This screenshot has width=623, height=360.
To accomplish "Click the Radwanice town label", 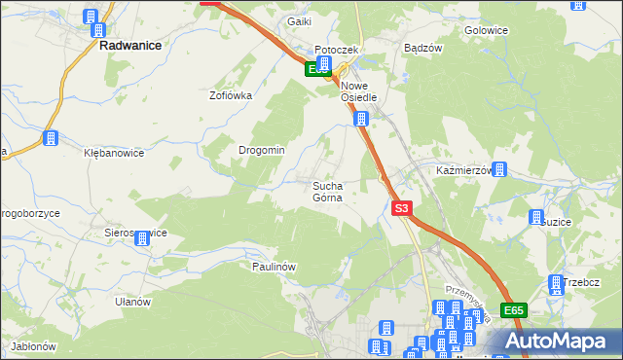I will click(x=129, y=44).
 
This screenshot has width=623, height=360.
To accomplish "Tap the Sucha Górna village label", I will click(x=327, y=191).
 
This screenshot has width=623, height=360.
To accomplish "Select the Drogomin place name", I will click(x=262, y=150).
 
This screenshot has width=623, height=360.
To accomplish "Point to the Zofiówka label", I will click(x=231, y=95).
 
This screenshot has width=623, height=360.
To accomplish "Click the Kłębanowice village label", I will click(x=114, y=153).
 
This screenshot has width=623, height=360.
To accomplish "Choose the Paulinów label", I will click(x=274, y=266).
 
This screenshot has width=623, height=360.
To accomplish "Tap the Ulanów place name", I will click(x=132, y=302).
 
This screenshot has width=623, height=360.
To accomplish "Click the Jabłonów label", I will click(x=33, y=346).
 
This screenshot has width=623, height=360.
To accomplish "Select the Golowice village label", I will click(x=487, y=30).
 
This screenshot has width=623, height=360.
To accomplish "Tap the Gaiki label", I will click(x=298, y=21).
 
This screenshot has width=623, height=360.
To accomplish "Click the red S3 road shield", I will click(x=402, y=208).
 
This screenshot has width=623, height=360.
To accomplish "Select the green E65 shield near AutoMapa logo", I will click(x=514, y=309).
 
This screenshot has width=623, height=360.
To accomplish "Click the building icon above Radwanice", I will click(x=92, y=18).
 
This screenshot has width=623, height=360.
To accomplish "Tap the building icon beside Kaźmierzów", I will click(x=499, y=170).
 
